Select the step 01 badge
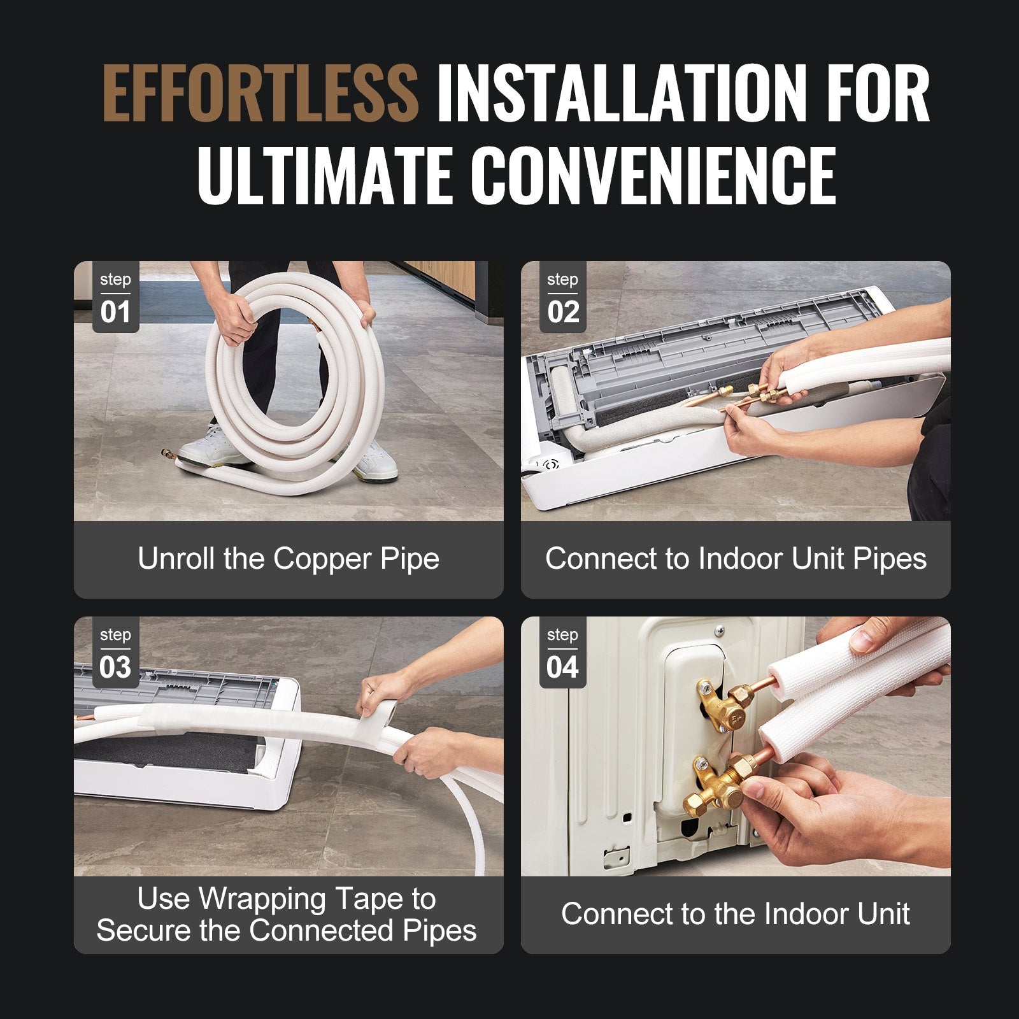(x=115, y=298)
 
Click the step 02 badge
(x=562, y=298)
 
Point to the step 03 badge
(x=115, y=653)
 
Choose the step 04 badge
(x=562, y=653)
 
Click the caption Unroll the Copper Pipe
(x=289, y=559)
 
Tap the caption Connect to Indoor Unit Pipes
(x=736, y=559)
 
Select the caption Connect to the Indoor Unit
(x=736, y=915)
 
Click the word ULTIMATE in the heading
(x=331, y=175)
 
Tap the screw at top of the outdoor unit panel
(x=719, y=631)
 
